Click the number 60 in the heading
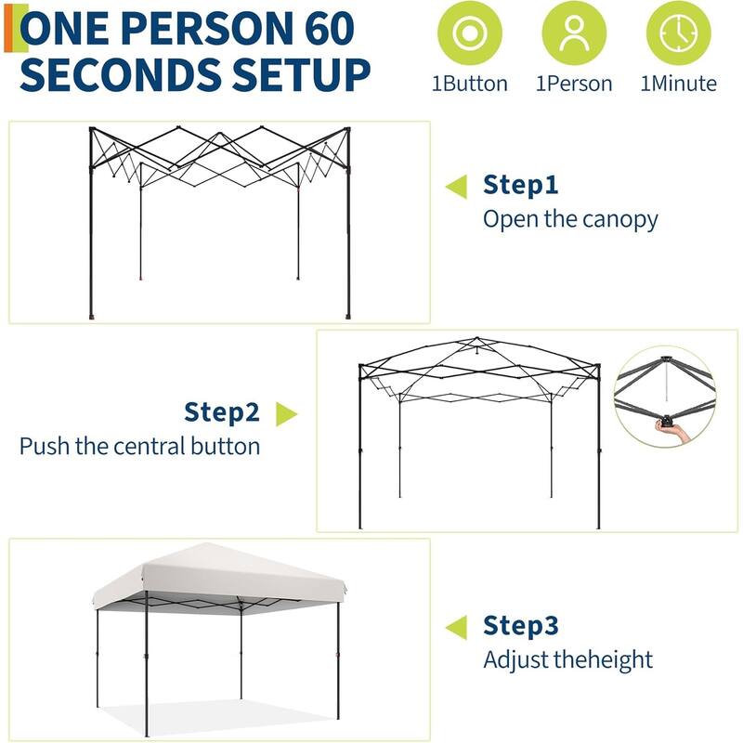pos(324,29)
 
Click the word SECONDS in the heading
pos(122,74)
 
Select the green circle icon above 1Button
pos(470,33)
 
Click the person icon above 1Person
pos(574,33)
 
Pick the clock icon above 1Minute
pos(678,33)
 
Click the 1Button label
pos(470,84)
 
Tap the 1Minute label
pos(678,84)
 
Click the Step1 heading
pos(520,185)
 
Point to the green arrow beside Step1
pos(456,187)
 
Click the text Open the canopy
pos(569,220)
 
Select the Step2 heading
pos(222,411)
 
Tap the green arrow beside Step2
pos(286,414)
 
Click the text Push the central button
pos(139,446)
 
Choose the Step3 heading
pos(520,626)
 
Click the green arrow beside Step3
pos(456,628)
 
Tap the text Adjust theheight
pos(567,660)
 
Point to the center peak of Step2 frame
pos(477,342)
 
